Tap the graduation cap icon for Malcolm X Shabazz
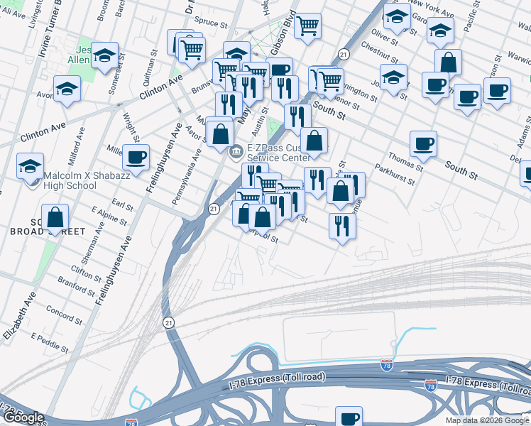tap(31, 167)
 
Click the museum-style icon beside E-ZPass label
tap(237, 150)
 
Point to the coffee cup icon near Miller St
tap(136, 156)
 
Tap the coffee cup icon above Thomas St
tap(424, 143)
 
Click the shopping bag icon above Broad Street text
tap(55, 216)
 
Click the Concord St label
tap(65, 312)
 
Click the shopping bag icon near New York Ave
tap(448, 62)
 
